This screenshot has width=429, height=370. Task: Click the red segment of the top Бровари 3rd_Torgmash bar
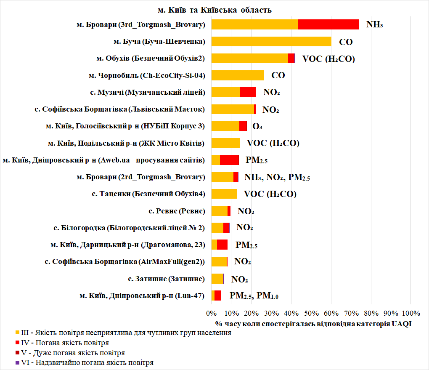click(x=328, y=24)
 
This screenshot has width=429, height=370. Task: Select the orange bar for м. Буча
click(x=271, y=41)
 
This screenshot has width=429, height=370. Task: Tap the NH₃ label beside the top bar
click(x=374, y=24)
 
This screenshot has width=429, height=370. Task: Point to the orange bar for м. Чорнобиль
click(x=237, y=75)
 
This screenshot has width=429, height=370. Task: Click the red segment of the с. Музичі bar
click(x=248, y=92)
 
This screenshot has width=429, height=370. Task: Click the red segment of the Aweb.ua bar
click(x=229, y=160)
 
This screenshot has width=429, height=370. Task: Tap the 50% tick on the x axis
click(x=311, y=313)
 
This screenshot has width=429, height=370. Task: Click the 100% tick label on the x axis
click(x=411, y=313)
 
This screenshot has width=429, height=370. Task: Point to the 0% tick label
click(x=211, y=313)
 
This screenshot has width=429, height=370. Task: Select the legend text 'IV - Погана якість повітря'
click(x=59, y=343)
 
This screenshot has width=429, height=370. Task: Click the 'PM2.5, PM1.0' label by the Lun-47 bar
click(x=254, y=295)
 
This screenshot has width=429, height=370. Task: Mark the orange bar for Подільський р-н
click(x=225, y=143)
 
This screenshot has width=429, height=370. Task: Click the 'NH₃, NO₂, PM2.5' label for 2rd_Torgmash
click(x=277, y=177)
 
